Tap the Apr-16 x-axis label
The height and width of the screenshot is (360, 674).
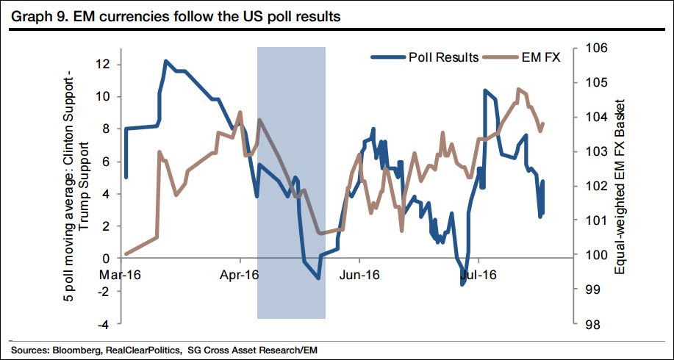(x=240, y=276)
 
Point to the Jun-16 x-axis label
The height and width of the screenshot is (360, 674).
(x=359, y=276)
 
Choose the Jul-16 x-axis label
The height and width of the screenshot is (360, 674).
(x=479, y=276)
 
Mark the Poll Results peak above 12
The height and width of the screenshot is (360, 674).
(x=165, y=61)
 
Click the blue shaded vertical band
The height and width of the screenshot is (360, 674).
(x=291, y=184)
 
